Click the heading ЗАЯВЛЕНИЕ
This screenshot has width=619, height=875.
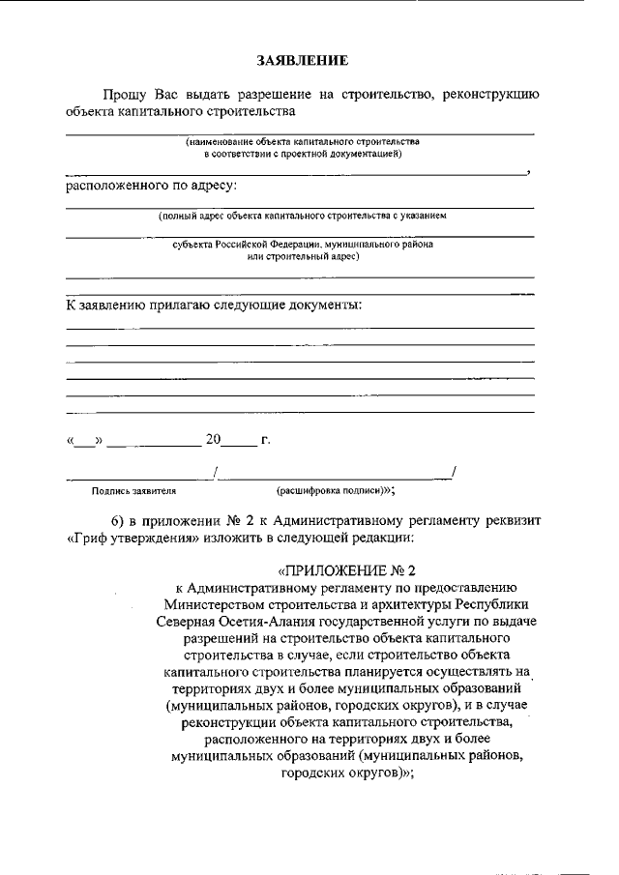tap(301, 61)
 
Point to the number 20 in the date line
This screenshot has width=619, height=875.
tap(213, 441)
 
